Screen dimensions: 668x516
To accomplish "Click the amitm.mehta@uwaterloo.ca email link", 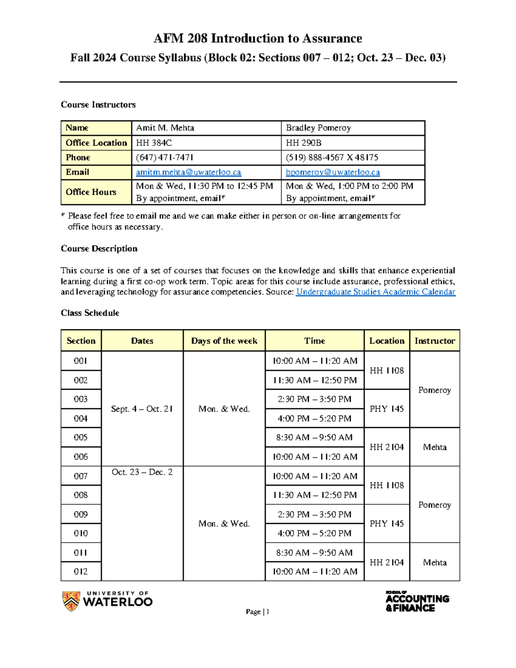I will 188,172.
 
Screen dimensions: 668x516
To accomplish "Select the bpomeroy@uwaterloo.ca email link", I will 333,172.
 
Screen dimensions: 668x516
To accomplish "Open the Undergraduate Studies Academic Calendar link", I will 375,292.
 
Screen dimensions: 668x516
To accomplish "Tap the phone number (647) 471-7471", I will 165,157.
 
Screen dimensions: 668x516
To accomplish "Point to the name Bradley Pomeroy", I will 318,128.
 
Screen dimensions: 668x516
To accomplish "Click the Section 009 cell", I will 81,514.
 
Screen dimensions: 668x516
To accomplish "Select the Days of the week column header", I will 224,341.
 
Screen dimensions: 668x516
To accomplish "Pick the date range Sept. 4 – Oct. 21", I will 142,409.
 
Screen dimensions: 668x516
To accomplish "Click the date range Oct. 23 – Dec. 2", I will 142,472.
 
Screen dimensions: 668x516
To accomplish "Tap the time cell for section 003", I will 314,399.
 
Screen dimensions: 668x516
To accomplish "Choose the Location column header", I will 387,341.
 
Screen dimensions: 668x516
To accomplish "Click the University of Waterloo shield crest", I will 71,601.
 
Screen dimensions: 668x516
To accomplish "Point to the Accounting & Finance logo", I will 417,601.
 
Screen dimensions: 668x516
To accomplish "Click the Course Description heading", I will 99,249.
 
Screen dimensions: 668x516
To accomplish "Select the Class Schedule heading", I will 90,313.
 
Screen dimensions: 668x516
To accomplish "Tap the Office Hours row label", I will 91,192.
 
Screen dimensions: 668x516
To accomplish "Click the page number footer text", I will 258,612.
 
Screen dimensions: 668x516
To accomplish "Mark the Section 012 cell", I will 81,572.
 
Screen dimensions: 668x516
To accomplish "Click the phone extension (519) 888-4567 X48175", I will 332,157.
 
